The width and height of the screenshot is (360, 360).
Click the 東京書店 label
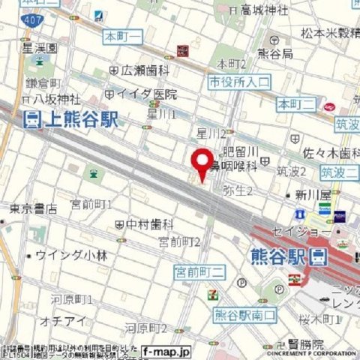(x=33, y=209)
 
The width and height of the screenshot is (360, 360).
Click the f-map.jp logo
(x=166, y=351)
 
